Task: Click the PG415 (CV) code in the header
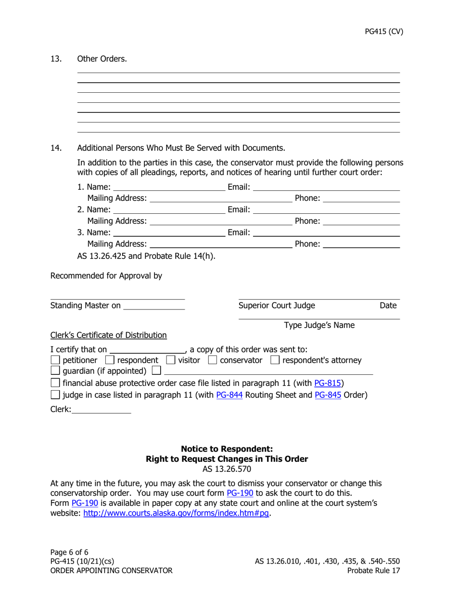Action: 383,32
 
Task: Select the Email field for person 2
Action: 326,209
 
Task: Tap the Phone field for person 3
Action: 362,244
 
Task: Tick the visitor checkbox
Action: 171,360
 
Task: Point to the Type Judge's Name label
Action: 319,325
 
